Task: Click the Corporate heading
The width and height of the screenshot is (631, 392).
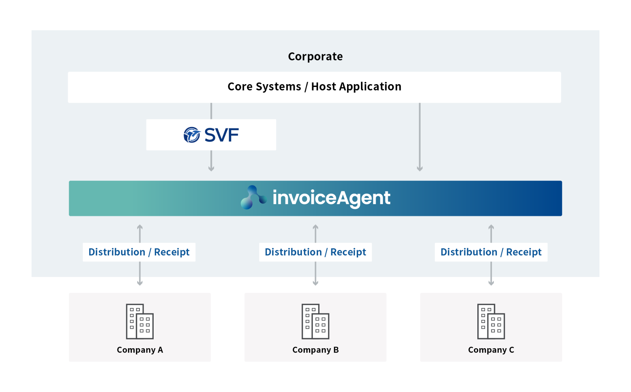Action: (315, 56)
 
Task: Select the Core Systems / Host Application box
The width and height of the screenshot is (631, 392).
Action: (314, 87)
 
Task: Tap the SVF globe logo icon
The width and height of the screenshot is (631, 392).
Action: (192, 135)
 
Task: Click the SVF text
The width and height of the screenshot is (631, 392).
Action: (221, 135)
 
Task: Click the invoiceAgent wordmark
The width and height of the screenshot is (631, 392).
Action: (331, 198)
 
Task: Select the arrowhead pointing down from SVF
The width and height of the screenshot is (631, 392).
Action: (211, 169)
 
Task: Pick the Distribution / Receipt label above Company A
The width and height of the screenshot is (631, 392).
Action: (139, 252)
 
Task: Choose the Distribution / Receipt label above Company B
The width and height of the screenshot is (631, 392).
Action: (315, 252)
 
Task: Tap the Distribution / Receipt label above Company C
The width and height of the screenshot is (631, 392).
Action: (491, 252)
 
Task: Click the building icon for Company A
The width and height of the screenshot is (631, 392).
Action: (140, 321)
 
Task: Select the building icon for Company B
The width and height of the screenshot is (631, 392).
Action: (315, 321)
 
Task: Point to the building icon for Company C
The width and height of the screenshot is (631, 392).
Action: (491, 321)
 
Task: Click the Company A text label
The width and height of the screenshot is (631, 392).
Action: (140, 350)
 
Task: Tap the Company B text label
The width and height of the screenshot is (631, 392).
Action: (315, 350)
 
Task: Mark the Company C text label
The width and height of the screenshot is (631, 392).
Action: (491, 350)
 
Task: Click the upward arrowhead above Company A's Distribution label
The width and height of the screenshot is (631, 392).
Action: (140, 227)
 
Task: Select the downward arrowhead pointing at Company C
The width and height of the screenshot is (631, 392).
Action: (491, 283)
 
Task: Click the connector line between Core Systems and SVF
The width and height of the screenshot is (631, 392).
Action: (211, 111)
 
